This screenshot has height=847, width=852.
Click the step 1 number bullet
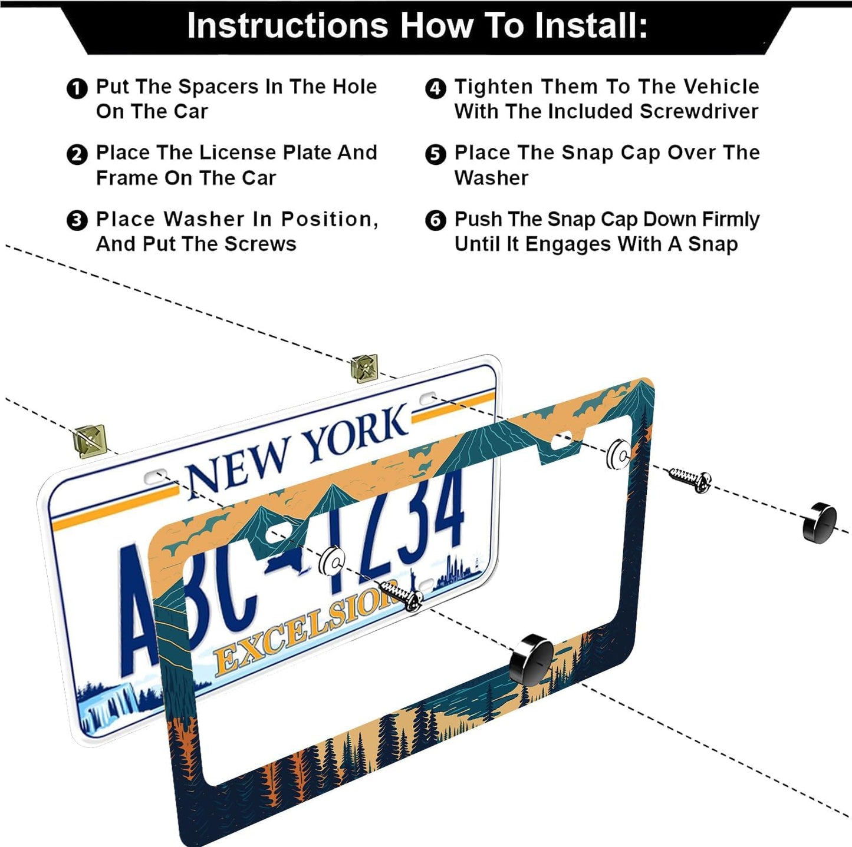77,89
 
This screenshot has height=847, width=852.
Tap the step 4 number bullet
435,89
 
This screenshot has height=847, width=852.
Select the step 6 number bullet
435,221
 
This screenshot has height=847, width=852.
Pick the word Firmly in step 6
730,219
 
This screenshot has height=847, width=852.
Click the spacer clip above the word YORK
364,369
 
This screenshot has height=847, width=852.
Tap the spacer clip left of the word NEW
90,441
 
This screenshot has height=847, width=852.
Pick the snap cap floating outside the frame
820,522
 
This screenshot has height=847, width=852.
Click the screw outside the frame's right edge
690,479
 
